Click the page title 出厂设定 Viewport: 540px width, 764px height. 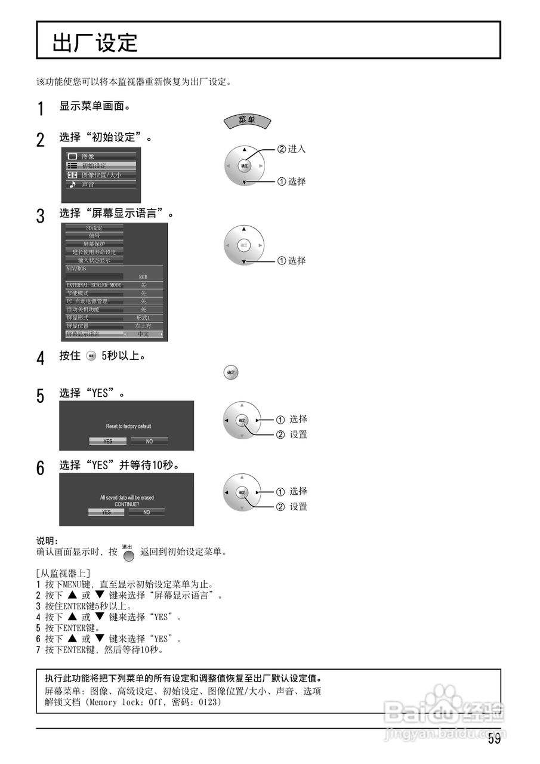[95, 42]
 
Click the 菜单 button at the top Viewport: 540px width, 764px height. [247, 120]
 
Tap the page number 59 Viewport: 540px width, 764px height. [494, 740]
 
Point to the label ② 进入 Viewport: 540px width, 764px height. [292, 149]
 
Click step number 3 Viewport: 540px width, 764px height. [41, 215]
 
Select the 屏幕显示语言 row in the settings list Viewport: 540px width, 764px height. [113, 334]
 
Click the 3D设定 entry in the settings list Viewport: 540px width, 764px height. [94, 228]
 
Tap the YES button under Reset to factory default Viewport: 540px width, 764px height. [108, 441]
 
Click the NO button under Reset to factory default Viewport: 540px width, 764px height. [149, 441]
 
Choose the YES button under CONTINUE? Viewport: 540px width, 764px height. [106, 512]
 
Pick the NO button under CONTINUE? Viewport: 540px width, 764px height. [147, 512]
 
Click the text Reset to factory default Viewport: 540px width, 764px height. [128, 426]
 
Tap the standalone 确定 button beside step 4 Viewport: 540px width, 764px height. [230, 373]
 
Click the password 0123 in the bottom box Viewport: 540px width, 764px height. [209, 703]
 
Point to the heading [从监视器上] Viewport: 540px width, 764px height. [64, 574]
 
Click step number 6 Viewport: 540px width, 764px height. [41, 468]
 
